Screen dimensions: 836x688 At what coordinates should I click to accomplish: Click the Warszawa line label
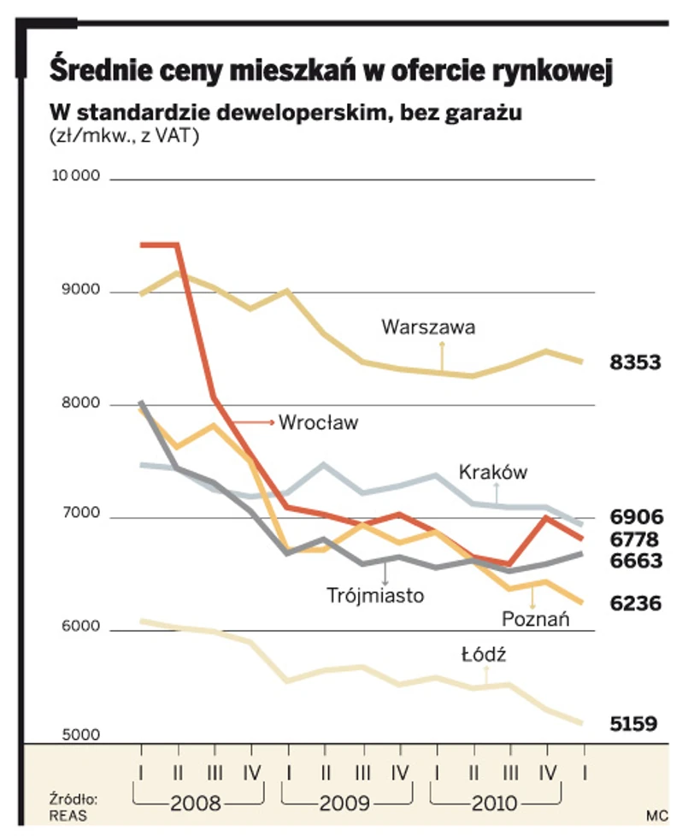click(x=428, y=327)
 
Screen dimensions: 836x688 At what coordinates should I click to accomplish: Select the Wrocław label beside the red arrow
click(x=318, y=422)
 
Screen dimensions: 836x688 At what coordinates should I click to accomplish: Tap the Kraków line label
click(x=493, y=472)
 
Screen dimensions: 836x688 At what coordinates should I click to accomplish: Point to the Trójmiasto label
click(x=375, y=596)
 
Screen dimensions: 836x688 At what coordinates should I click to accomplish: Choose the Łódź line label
click(x=485, y=655)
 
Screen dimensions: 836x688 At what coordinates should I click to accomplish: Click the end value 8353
click(x=635, y=362)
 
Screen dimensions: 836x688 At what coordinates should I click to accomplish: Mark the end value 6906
click(x=635, y=516)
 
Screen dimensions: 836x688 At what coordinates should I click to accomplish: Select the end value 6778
click(x=635, y=539)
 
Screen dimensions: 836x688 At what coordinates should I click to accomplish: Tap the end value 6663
click(x=635, y=561)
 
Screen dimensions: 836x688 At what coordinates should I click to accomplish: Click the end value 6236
click(x=635, y=603)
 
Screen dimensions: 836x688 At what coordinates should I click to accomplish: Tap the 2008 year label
click(x=197, y=804)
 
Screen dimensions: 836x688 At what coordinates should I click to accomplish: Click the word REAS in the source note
click(x=68, y=815)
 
